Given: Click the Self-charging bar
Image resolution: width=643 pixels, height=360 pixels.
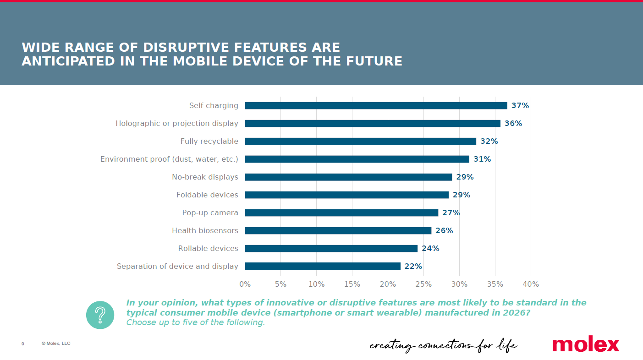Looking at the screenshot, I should point(376,106).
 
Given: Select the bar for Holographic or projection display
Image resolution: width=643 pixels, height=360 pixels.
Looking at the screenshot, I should point(373,124).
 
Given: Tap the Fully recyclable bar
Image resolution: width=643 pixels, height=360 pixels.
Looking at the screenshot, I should point(360,142).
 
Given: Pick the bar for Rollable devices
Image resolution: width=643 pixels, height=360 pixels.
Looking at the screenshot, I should point(331,249).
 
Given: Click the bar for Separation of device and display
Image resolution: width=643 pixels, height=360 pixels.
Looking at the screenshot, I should point(323,267).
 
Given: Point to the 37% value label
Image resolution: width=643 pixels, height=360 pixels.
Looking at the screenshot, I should point(520,106).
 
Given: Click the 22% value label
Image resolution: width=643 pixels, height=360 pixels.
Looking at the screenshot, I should point(413,267).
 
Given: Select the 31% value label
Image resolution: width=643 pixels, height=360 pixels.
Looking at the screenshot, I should point(482,159).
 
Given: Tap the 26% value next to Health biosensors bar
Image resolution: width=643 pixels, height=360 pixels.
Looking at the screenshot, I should point(444,231).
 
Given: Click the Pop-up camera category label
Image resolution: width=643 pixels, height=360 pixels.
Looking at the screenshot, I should point(210,213).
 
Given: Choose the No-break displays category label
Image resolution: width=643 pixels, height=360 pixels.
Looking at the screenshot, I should point(205,177).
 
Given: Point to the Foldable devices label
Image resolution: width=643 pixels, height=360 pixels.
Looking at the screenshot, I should point(207,195).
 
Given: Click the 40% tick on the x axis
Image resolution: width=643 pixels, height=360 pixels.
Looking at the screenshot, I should point(531,284).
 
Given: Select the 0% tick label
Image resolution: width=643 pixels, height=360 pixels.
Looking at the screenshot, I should point(245,284).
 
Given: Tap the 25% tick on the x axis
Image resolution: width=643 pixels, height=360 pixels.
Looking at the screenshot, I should point(423,284).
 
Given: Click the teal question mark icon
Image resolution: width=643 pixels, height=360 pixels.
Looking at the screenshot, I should point(100,315).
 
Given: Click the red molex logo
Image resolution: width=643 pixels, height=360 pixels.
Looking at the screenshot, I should point(585,344).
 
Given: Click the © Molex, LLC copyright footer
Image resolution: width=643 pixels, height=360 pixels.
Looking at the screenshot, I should point(56,344).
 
